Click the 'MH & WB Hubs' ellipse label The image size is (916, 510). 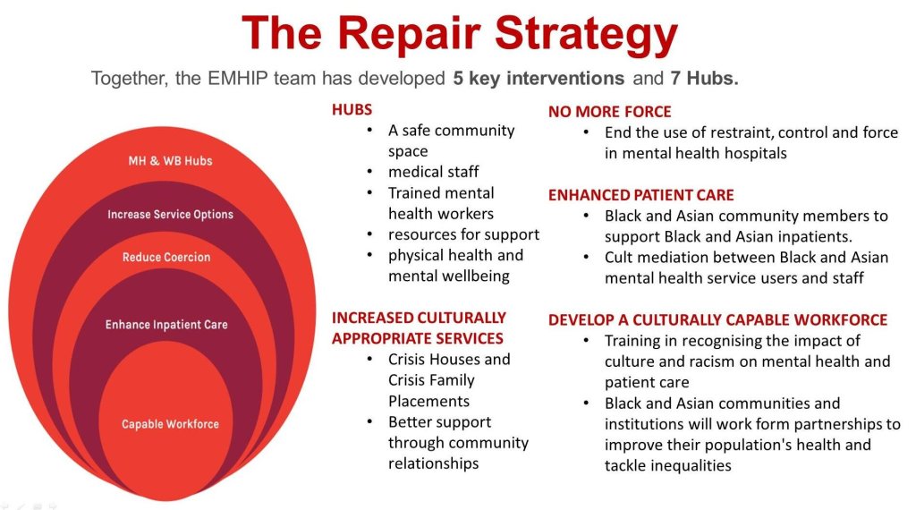(170, 161)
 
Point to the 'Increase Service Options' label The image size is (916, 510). (170, 215)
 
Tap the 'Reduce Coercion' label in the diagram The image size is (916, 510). (166, 258)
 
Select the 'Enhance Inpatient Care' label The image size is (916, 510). (166, 325)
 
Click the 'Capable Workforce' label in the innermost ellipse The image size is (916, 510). (170, 424)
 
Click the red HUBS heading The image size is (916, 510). (352, 110)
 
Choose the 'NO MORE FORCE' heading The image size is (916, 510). (609, 112)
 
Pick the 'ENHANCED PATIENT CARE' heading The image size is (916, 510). (640, 195)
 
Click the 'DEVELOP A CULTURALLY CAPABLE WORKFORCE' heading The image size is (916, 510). (717, 320)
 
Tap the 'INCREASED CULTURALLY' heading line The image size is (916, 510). (419, 318)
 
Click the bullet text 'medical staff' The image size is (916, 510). (433, 172)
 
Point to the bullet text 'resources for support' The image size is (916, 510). (463, 234)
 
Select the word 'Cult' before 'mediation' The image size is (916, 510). (620, 258)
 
